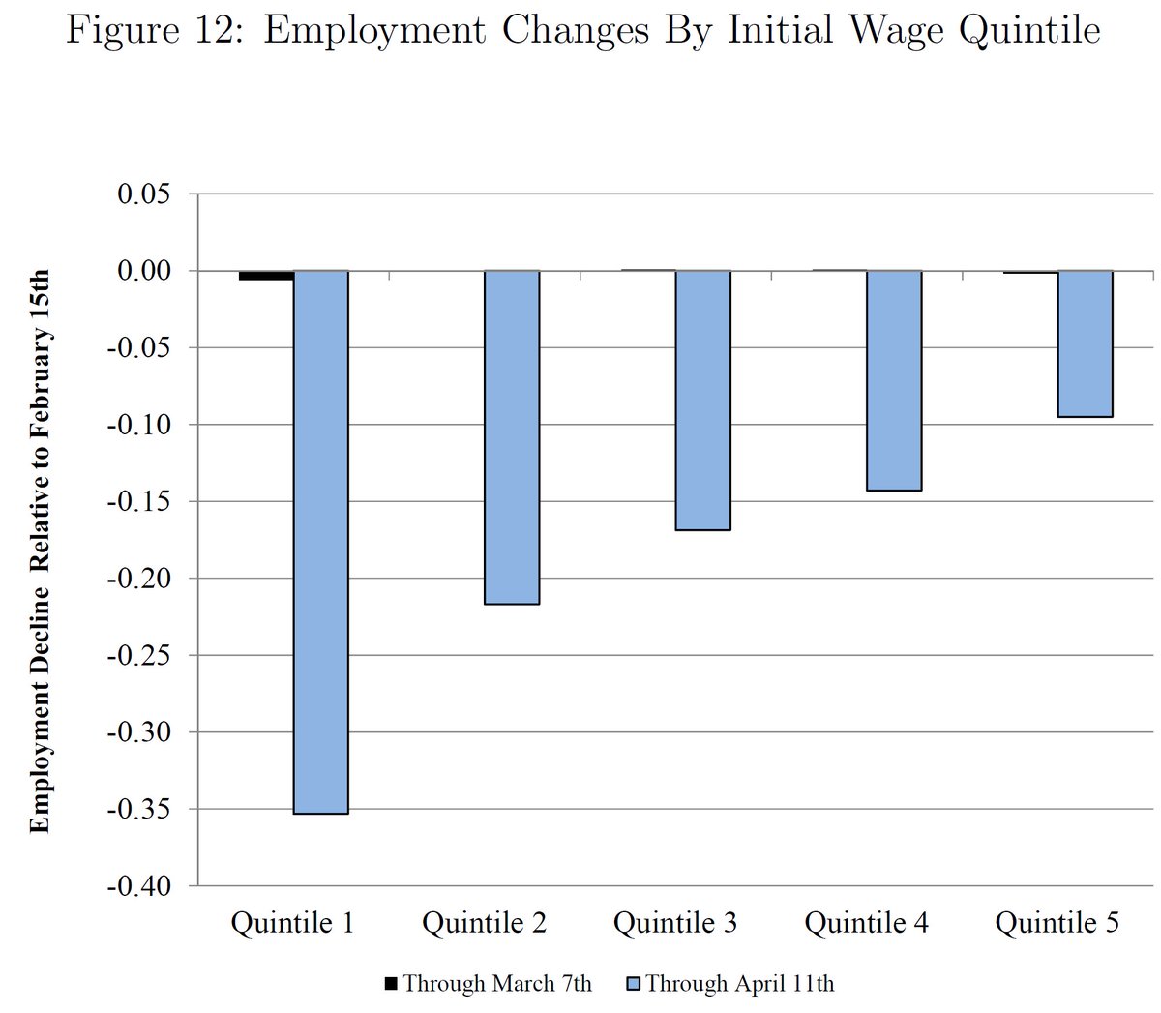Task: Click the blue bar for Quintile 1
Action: pyautogui.click(x=320, y=542)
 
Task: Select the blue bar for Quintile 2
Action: pyautogui.click(x=512, y=437)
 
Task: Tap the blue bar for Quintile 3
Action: pyautogui.click(x=702, y=401)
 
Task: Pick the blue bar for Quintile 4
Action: pyautogui.click(x=894, y=380)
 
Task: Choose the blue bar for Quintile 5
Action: pyautogui.click(x=1085, y=343)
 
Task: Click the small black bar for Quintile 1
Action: pyautogui.click(x=266, y=276)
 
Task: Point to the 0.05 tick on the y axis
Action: pyautogui.click(x=144, y=194)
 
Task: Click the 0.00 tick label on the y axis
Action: pyautogui.click(x=144, y=271)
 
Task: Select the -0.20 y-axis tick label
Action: pyautogui.click(x=140, y=579)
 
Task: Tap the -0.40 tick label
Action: pyautogui.click(x=140, y=886)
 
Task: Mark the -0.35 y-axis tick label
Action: pyautogui.click(x=140, y=809)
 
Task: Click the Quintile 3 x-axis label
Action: pyautogui.click(x=674, y=923)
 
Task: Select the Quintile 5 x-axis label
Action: pyautogui.click(x=1057, y=923)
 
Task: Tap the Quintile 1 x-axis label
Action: pyautogui.click(x=292, y=923)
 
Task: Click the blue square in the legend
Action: pyautogui.click(x=634, y=985)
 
